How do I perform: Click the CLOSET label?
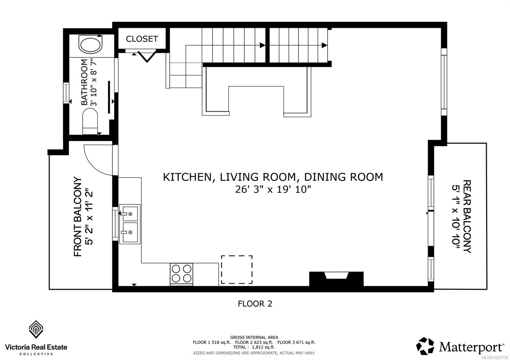click(142, 39)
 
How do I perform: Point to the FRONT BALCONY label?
click(78, 217)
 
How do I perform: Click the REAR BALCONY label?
click(466, 217)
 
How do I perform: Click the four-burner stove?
click(182, 274)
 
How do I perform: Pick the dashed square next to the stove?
click(237, 270)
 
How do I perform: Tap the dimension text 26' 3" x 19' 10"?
click(273, 190)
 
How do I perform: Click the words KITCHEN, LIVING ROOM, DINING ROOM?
click(273, 177)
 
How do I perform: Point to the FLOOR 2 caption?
click(255, 304)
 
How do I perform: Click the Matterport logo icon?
click(425, 346)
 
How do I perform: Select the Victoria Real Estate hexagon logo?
click(36, 329)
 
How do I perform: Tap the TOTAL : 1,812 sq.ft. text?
click(254, 347)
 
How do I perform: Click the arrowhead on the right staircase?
click(324, 45)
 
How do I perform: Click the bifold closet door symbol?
click(146, 56)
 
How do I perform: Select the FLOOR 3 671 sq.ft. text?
click(296, 342)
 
